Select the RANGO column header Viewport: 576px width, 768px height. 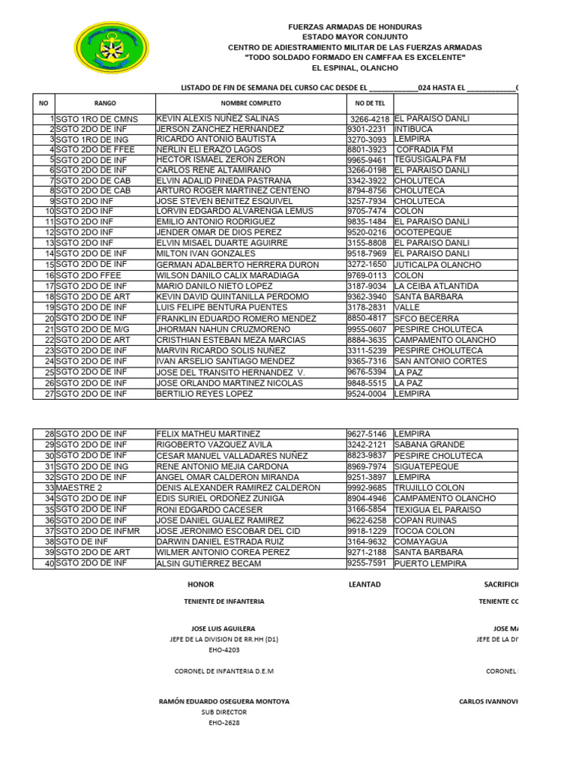click(105, 103)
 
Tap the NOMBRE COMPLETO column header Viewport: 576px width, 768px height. click(250, 103)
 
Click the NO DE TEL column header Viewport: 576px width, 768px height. click(369, 103)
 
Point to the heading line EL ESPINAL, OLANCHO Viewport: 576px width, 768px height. click(355, 68)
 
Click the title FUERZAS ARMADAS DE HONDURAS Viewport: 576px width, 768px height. click(355, 27)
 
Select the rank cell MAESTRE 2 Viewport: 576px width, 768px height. click(79, 488)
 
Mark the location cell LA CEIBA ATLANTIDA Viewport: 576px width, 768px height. click(436, 286)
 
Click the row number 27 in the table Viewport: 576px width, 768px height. click(49, 394)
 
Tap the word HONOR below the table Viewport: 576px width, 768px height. click(201, 584)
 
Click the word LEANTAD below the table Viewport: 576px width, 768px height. click(364, 584)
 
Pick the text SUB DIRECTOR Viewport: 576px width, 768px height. click(224, 712)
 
